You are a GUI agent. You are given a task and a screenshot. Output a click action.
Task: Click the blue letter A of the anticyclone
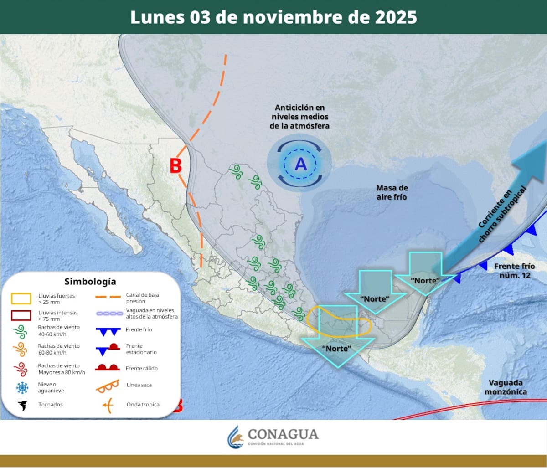(x=300, y=164)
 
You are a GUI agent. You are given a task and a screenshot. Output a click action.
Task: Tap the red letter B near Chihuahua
(x=176, y=166)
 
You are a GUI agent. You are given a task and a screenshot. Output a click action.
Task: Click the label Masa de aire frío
(x=392, y=192)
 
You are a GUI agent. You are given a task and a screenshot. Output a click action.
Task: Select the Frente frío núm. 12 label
(x=512, y=271)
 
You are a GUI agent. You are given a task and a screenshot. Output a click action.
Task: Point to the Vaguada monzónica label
(x=505, y=387)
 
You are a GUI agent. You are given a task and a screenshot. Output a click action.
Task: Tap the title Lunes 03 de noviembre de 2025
(x=273, y=17)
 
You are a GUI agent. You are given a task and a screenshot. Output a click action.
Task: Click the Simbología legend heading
(x=90, y=281)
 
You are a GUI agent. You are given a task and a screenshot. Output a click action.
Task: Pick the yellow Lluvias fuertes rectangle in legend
(x=21, y=299)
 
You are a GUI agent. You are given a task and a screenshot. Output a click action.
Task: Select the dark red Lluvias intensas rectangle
(x=21, y=315)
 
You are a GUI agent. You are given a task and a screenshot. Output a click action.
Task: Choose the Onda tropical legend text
(x=144, y=405)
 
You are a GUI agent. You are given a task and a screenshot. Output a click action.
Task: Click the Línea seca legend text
(x=139, y=385)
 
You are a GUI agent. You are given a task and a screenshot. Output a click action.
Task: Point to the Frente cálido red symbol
(x=108, y=368)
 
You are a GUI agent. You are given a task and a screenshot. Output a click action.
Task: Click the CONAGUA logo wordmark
(x=283, y=434)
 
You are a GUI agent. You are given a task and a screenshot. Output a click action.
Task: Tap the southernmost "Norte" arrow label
(x=336, y=349)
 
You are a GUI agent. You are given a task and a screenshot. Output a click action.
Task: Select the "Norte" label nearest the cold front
(x=425, y=281)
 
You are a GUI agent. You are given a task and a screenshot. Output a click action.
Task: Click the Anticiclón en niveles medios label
(x=299, y=116)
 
